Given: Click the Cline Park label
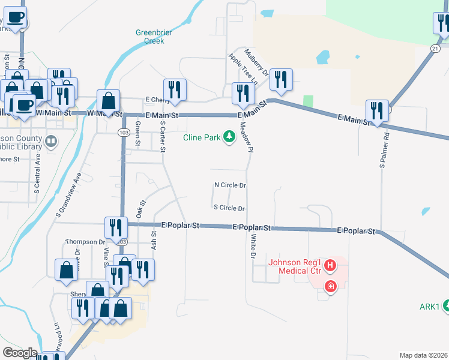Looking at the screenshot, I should [x=202, y=137].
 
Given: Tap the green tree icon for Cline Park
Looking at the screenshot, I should [x=229, y=137].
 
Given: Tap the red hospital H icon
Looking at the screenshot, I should [x=329, y=265].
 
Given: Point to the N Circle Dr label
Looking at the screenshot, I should [x=230, y=185].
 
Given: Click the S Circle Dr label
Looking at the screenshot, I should [x=229, y=208].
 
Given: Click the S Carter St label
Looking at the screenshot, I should [x=162, y=134].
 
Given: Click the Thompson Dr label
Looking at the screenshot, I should [x=85, y=242].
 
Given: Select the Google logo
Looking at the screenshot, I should [x=19, y=353].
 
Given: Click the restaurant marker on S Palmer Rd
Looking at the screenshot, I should [x=377, y=112].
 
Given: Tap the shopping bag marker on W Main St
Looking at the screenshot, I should [x=109, y=102].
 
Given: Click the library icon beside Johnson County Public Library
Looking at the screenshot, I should [x=52, y=142].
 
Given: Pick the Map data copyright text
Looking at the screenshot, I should [x=424, y=355].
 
